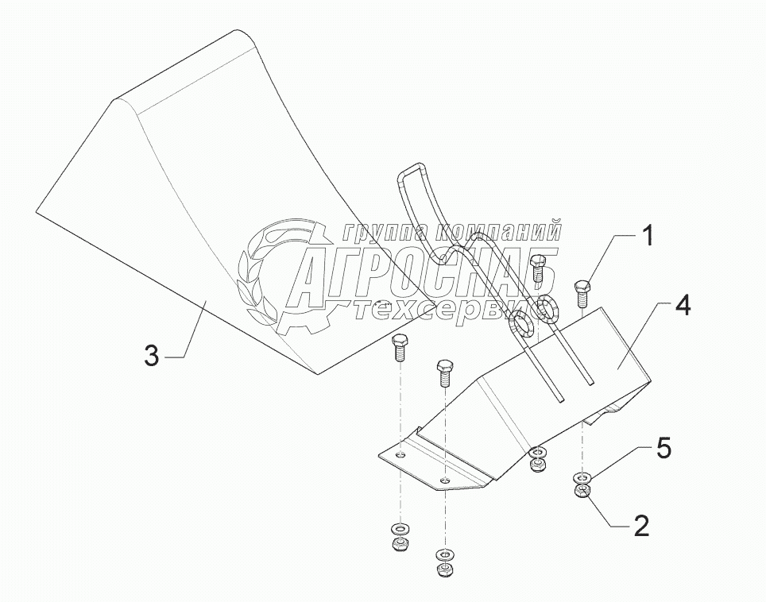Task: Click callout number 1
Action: [648, 236]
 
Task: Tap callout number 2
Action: [640, 525]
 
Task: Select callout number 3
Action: [152, 355]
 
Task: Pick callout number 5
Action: [663, 449]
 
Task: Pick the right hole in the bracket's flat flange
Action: [446, 480]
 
